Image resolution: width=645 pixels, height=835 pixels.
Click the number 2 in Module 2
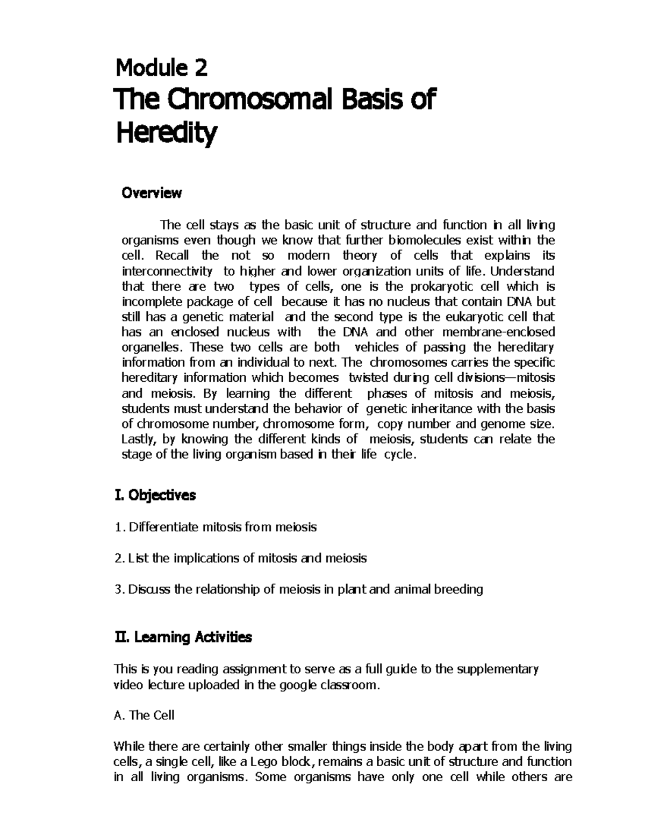[199, 68]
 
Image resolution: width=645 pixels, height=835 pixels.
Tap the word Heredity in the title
[167, 133]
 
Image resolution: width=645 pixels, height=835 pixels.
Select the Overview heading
[152, 193]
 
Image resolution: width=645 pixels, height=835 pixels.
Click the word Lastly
[138, 439]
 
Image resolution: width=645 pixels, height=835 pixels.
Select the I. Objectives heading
[155, 495]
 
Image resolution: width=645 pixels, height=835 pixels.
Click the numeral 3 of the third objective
[118, 590]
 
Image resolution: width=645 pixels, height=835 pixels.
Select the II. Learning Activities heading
[183, 638]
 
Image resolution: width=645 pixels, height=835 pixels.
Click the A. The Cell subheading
[144, 715]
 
